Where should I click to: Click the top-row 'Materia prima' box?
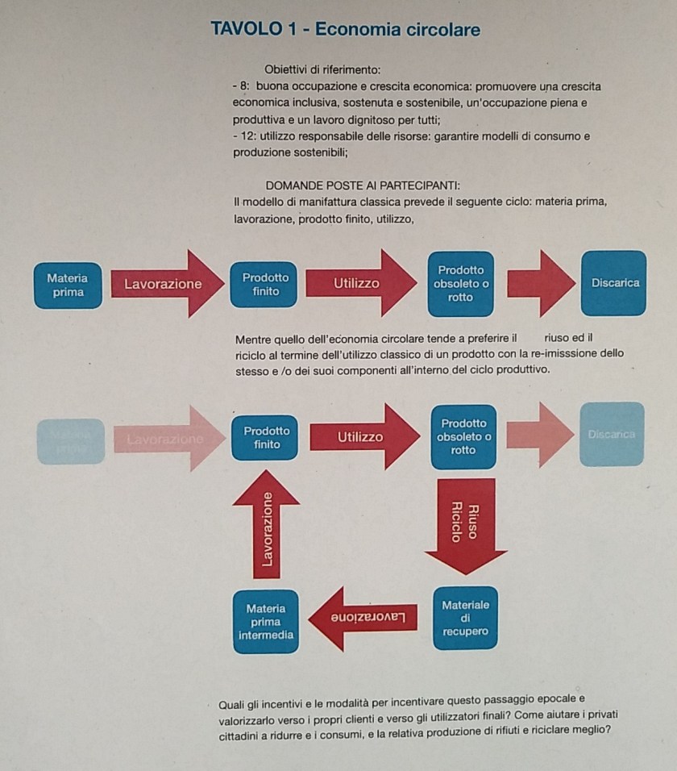(68, 285)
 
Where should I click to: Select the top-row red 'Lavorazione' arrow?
(166, 284)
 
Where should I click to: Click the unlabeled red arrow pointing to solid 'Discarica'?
(540, 283)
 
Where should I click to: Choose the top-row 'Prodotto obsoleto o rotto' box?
(461, 284)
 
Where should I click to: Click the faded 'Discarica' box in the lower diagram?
(611, 434)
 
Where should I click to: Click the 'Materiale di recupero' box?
(464, 618)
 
